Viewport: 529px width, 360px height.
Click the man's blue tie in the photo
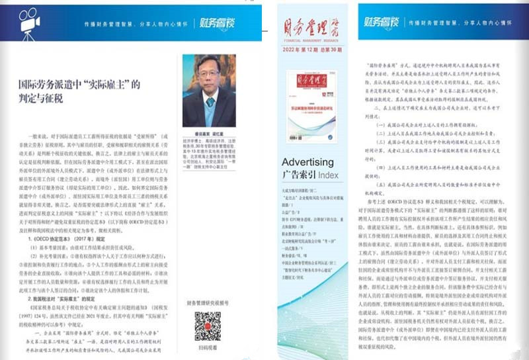[x=210, y=102]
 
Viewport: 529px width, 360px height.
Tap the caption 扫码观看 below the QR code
[x=207, y=349]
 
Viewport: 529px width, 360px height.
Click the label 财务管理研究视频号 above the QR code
[x=207, y=303]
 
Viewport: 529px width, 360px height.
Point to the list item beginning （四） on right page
[x=436, y=169]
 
